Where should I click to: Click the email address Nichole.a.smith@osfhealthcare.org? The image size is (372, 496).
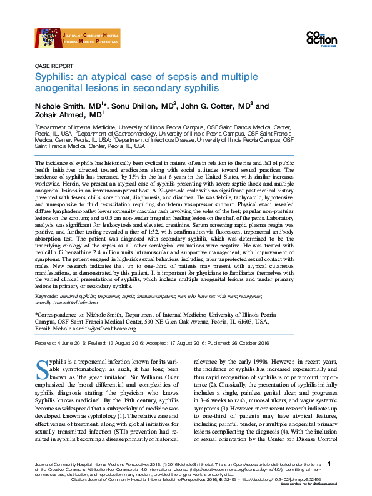pos(94,328)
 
